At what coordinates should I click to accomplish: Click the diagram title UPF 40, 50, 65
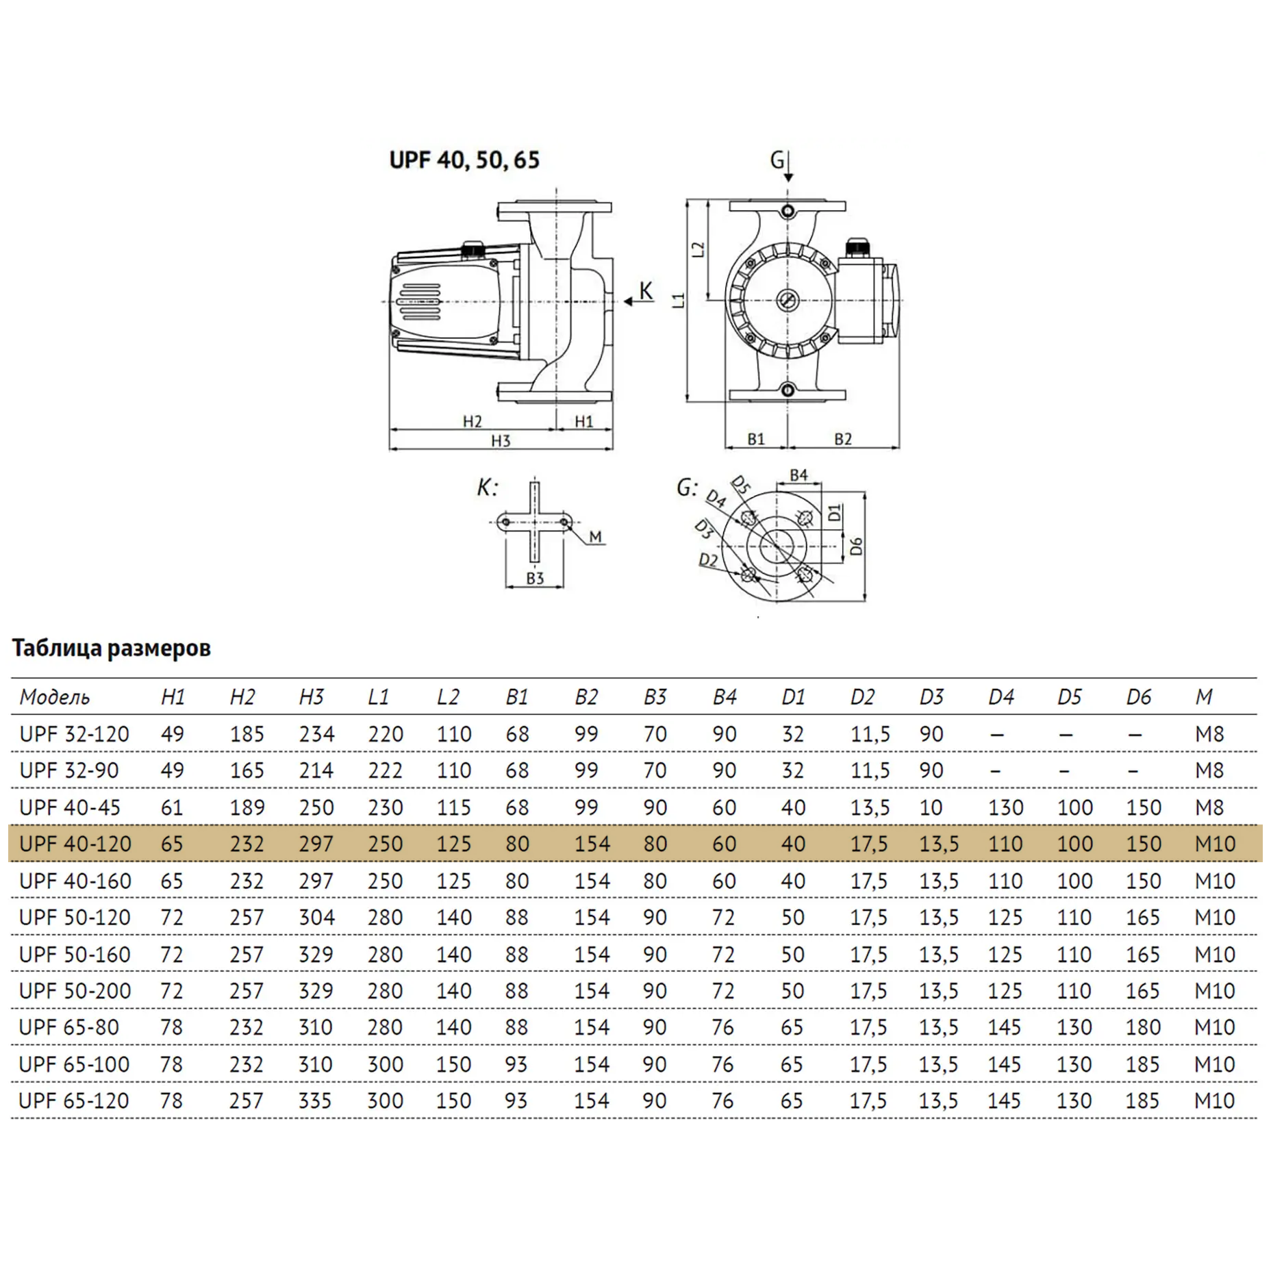[464, 160]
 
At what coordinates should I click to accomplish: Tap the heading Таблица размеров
[112, 648]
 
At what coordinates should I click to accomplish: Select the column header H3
[311, 697]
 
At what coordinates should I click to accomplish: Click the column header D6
[1138, 697]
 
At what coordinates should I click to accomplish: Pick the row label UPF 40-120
[75, 844]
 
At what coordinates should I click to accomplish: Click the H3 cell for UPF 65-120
[315, 1100]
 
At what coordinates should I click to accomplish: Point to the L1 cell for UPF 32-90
[385, 770]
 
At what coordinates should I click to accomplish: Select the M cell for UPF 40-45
[1209, 807]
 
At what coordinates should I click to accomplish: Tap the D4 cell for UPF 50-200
[1005, 991]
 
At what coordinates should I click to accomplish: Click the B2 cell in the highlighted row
[592, 844]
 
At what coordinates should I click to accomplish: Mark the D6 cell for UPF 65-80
[1143, 1027]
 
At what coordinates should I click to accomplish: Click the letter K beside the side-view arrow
[646, 292]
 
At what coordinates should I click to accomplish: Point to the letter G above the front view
[777, 160]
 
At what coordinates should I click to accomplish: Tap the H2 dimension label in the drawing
[473, 421]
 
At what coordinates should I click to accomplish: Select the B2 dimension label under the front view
[843, 439]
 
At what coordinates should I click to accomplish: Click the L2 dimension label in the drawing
[699, 249]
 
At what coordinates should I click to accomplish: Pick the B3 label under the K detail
[535, 578]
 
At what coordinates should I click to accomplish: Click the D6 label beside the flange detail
[856, 546]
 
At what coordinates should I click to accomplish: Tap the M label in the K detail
[595, 537]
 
